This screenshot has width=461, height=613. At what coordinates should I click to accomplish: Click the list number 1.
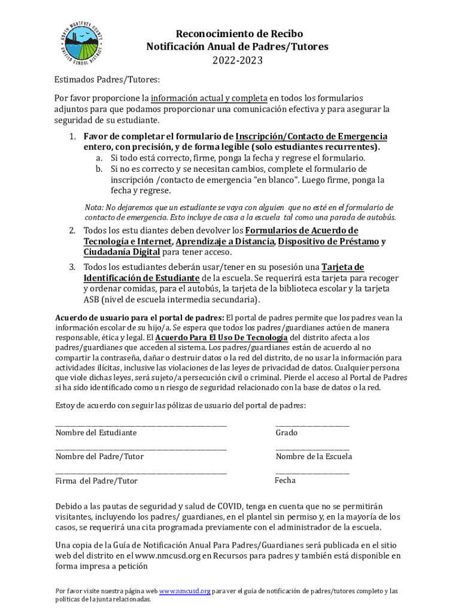coord(72,136)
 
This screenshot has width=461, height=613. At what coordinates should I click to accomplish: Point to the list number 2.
coord(71,230)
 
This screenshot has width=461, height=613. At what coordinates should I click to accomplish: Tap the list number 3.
coord(71,267)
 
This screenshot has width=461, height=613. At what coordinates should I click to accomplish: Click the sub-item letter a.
coord(99,158)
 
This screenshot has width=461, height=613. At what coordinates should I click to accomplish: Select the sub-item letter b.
coord(99,169)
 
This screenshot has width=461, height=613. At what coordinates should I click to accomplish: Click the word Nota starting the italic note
coord(94,207)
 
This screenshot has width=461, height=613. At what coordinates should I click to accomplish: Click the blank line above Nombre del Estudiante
coord(141,425)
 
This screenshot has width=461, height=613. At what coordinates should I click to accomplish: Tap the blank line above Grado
coord(312,425)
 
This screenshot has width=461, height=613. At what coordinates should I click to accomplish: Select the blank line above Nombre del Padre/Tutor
coord(141,449)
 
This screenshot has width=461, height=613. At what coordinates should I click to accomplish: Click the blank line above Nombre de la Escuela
coord(312,449)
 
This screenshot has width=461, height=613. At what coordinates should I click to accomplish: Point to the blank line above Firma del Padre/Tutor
coord(141,473)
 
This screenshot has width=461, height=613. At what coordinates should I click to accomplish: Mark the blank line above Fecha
coord(312,473)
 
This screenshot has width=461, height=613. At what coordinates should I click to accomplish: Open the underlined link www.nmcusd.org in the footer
coord(184,591)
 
